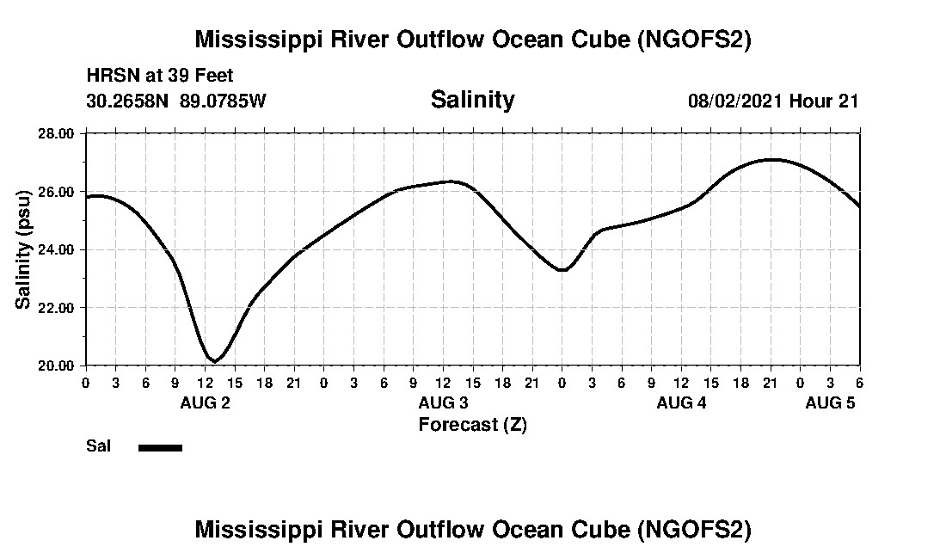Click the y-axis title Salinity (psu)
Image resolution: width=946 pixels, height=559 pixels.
point(23,249)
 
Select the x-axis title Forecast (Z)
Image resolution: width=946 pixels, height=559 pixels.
point(472,424)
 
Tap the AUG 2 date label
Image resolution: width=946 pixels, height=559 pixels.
point(205,402)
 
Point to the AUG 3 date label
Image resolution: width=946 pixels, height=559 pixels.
point(443,402)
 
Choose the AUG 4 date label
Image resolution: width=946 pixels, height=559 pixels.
point(681,402)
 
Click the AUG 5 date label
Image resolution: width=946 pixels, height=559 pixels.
point(830,402)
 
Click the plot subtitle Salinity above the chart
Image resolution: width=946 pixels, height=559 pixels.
point(472,100)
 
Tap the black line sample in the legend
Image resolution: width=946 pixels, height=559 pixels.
point(161,447)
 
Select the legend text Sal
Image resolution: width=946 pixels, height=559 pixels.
point(98,446)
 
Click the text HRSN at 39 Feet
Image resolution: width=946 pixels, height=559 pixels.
point(160,77)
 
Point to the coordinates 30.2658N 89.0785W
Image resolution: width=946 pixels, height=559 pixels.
point(176,101)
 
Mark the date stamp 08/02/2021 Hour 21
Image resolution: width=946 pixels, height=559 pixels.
point(773,101)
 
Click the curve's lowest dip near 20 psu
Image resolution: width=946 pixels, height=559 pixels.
point(215,360)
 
